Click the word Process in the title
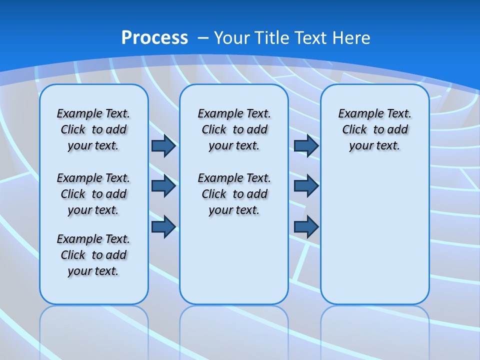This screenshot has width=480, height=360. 154,37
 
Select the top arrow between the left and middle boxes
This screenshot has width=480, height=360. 163,145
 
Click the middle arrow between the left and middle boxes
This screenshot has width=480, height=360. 163,186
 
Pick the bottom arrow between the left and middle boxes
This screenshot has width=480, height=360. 163,227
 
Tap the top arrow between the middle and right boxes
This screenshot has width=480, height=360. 306,145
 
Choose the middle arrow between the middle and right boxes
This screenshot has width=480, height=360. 306,186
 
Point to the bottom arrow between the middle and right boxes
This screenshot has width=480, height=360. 306,227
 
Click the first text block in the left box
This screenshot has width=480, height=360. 93,129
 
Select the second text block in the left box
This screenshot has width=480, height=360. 93,194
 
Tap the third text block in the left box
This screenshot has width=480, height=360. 93,255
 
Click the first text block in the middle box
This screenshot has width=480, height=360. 234,129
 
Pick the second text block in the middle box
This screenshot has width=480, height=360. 234,194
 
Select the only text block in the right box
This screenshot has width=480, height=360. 374,129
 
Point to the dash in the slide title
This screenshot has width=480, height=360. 203,37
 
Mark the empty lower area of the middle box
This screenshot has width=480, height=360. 234,260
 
